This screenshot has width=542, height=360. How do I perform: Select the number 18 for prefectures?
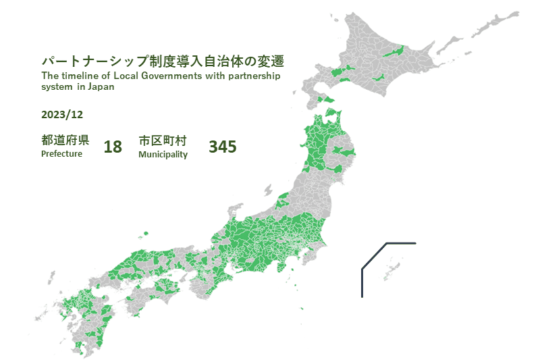coord(113,147)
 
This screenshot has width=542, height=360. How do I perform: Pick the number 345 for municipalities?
coord(223,147)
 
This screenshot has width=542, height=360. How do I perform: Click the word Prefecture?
coord(61,154)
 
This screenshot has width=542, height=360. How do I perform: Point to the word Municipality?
coord(163,155)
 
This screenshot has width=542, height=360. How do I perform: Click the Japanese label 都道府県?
coord(65,140)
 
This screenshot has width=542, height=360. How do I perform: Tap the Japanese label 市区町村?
coord(162,140)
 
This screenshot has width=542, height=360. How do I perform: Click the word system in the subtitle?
coord(56,86)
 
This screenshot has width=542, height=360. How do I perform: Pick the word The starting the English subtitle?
coord(49,76)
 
